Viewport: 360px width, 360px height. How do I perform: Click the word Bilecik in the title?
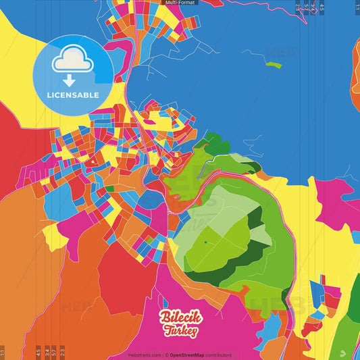[x=180, y=318]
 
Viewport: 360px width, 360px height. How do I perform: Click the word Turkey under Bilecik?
[x=180, y=331]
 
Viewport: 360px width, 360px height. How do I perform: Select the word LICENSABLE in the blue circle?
[x=72, y=95]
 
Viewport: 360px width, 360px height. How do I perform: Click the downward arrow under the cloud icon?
[x=72, y=79]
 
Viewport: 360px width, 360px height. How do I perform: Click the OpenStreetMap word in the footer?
[x=189, y=355]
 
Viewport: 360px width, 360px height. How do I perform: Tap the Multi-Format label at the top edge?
[x=180, y=3]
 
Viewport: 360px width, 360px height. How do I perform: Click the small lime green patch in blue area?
[x=273, y=64]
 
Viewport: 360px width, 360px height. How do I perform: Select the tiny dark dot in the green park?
[x=205, y=241]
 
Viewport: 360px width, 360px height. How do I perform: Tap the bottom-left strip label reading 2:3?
[x=62, y=352]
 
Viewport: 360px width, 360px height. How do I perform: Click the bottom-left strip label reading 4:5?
[x=37, y=352]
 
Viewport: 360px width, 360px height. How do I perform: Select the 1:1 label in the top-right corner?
[x=357, y=7]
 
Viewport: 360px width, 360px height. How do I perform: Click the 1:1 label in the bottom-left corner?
[x=3, y=352]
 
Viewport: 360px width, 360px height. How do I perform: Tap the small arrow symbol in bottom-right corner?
[x=344, y=352]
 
